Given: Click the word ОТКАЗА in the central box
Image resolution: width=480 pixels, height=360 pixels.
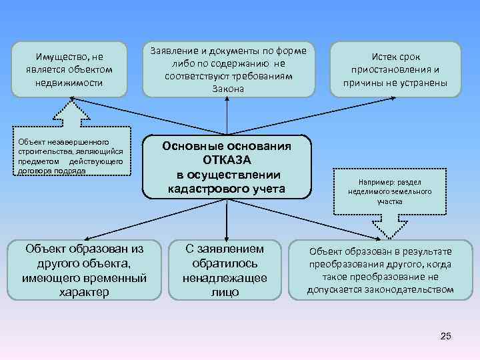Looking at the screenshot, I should pyautogui.click(x=227, y=160).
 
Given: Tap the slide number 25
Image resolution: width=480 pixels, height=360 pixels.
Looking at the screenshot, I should pyautogui.click(x=446, y=335).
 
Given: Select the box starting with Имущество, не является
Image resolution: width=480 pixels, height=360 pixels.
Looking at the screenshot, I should pyautogui.click(x=69, y=69).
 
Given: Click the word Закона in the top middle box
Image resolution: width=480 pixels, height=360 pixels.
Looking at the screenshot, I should pyautogui.click(x=228, y=89).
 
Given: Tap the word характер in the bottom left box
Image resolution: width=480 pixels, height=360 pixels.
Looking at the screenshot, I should pyautogui.click(x=84, y=292).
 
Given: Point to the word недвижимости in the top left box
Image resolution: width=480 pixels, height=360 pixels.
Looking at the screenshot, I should pyautogui.click(x=69, y=83).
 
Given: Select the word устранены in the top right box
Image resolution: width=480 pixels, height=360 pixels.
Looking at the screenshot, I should pyautogui.click(x=421, y=83).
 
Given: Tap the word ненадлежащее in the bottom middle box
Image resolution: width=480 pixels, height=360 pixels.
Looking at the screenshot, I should pyautogui.click(x=225, y=278).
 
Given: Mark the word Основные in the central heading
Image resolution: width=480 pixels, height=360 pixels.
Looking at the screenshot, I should pyautogui.click(x=193, y=145).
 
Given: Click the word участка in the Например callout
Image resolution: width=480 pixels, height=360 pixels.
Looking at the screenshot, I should pyautogui.click(x=389, y=201).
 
